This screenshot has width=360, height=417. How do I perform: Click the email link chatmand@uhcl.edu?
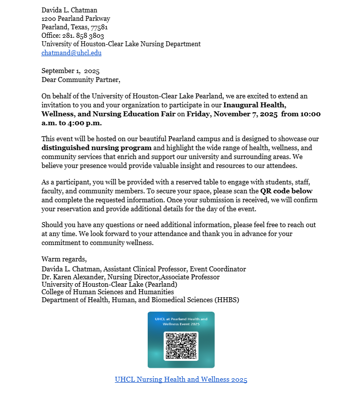[x=71, y=53]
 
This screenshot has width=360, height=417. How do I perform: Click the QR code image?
[x=181, y=346]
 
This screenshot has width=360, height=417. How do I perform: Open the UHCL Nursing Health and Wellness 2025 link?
[x=181, y=380]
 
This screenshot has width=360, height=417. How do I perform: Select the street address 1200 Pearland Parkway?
[x=76, y=18]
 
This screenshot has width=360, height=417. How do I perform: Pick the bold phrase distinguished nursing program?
[x=96, y=148]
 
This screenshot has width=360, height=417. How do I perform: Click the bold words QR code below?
[x=286, y=191]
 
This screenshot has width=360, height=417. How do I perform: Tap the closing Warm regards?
[x=64, y=259]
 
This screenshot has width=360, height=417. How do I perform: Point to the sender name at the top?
[x=69, y=10]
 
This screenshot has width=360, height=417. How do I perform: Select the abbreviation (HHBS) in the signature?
[x=227, y=300]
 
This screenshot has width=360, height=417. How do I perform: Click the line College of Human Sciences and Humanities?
[x=107, y=292]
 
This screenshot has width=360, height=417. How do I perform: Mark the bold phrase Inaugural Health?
[x=255, y=105]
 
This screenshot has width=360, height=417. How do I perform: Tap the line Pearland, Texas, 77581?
[x=75, y=27]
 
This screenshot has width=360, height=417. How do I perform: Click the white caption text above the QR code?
[x=181, y=321]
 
